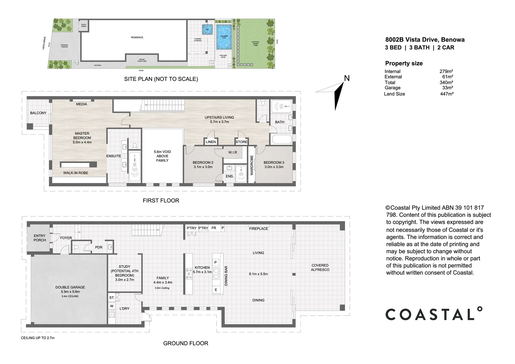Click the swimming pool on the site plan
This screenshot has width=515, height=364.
click(x=222, y=37)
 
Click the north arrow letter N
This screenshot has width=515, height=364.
click(x=346, y=79)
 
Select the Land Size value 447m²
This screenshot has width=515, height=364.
click(x=447, y=94)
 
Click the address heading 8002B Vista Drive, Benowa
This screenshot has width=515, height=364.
click(x=425, y=39)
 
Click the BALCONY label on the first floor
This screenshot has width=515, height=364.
click(x=38, y=113)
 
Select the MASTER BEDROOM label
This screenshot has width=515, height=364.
click(x=82, y=136)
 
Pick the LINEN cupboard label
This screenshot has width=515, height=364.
click(x=211, y=142)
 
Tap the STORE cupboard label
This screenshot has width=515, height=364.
click(x=241, y=142)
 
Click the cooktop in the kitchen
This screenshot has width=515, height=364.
click(x=188, y=273)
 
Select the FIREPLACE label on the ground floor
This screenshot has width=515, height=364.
click(x=259, y=229)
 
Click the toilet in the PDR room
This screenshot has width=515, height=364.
click(x=77, y=247)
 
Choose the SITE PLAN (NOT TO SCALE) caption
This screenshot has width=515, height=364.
click(x=161, y=79)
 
